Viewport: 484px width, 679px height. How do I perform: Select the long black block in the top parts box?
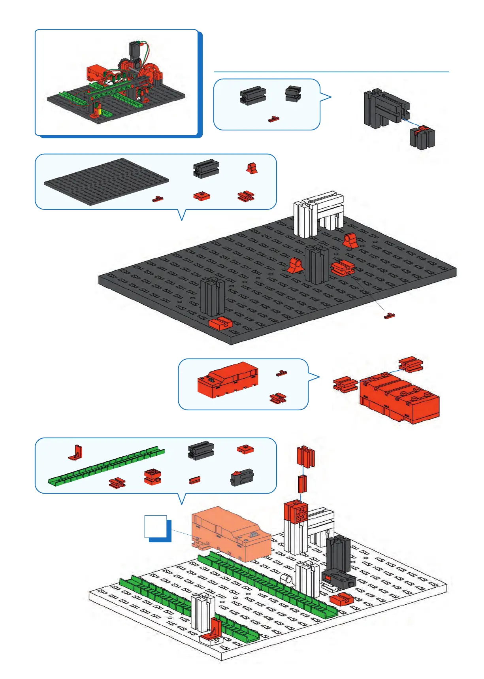tap(252, 96)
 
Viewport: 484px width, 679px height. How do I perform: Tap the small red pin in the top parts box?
tap(274, 119)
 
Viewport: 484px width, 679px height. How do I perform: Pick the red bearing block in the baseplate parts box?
tap(252, 168)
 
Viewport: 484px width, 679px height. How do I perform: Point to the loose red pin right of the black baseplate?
tap(390, 316)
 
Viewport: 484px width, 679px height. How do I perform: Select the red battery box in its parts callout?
tap(228, 380)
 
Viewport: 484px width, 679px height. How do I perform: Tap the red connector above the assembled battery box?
tap(411, 364)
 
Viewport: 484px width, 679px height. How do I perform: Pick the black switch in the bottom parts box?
tap(242, 477)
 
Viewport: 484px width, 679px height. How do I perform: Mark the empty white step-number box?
tap(156, 526)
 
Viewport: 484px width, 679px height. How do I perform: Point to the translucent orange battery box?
tap(231, 533)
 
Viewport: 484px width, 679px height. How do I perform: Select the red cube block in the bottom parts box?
tap(152, 477)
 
